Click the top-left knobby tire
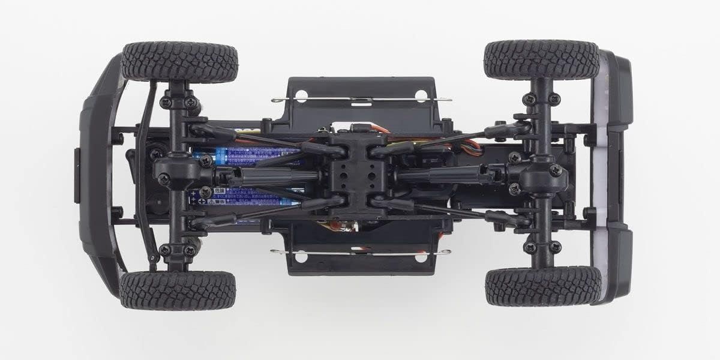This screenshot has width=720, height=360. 179,61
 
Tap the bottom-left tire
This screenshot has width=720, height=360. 178,290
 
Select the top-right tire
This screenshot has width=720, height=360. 541,60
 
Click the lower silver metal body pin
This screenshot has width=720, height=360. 360,252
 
